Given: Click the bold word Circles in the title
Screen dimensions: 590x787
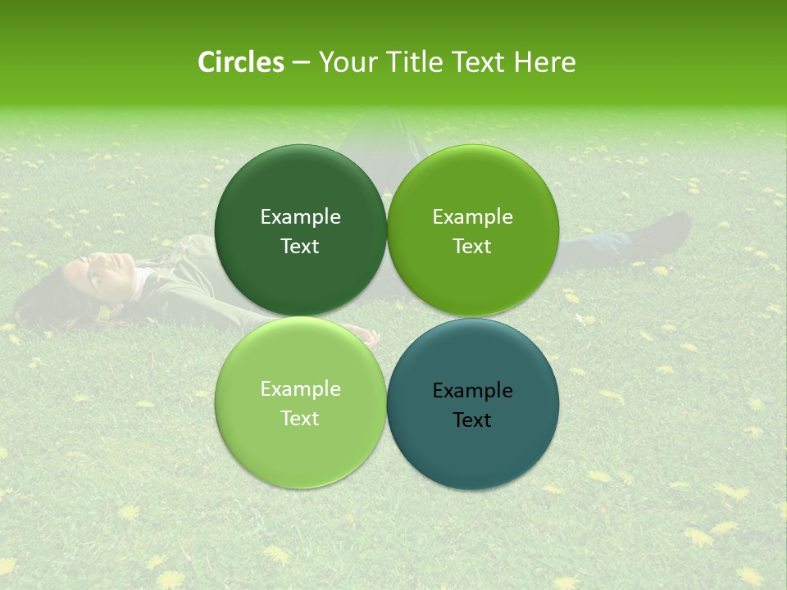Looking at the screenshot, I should point(241,62).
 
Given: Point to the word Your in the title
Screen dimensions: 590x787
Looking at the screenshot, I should point(344,62).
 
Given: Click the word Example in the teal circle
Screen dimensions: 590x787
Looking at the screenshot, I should point(473,391).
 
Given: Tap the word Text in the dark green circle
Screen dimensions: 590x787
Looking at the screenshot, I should point(300,247).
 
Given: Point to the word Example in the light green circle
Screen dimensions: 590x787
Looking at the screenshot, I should point(300,389).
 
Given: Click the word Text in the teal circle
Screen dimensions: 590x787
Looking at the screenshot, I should point(472,420).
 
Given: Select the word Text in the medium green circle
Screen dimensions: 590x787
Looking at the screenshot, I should point(472,247).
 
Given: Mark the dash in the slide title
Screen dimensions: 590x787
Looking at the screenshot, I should point(301,63).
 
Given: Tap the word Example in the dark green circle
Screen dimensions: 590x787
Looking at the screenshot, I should point(300,217).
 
